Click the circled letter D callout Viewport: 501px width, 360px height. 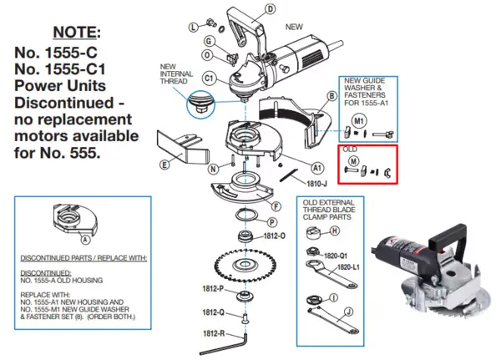(270, 10)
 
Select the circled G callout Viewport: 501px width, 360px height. (209, 42)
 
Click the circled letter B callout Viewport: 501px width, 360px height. (331, 98)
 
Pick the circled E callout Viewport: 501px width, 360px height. (164, 165)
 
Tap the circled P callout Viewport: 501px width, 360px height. (272, 222)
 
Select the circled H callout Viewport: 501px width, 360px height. (333, 231)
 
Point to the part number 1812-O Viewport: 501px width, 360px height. (275, 236)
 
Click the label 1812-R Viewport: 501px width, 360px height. (213, 333)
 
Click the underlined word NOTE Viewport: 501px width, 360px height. (77, 33)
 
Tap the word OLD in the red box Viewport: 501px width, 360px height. (351, 150)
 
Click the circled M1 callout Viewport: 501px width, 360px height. (359, 120)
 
